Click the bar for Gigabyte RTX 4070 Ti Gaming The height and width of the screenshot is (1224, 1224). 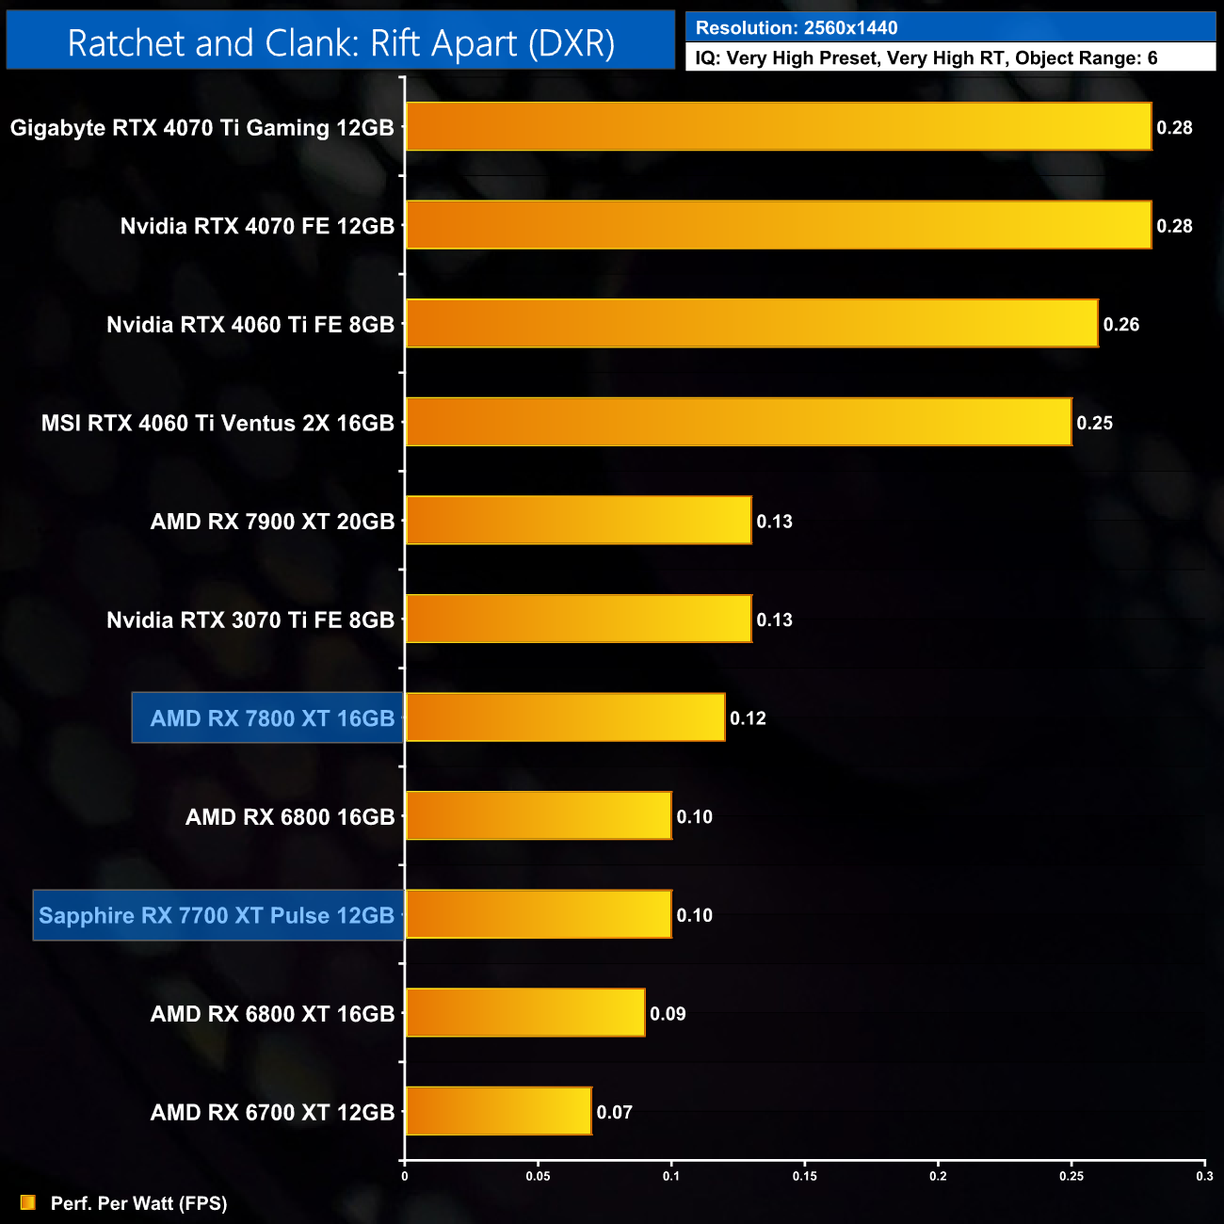click(778, 127)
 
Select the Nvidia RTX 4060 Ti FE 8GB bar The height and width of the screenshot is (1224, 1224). click(751, 324)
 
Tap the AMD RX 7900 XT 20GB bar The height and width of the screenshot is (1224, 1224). click(578, 521)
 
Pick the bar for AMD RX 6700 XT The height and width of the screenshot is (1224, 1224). click(498, 1112)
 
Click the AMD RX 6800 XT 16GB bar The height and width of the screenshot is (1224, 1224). click(524, 1013)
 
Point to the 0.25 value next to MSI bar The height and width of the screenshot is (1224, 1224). click(1094, 423)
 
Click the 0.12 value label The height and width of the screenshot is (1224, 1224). click(748, 718)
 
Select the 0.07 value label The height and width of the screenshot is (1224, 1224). click(614, 1112)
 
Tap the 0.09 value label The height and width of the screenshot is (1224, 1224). click(668, 1014)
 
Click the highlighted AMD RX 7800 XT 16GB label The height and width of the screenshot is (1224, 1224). click(271, 718)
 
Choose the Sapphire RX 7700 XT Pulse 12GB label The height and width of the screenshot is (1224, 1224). click(217, 915)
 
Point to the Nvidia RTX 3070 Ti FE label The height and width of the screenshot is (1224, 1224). click(250, 620)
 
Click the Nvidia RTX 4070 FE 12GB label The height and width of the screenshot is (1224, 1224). click(257, 226)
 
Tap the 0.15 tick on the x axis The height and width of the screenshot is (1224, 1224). click(805, 1176)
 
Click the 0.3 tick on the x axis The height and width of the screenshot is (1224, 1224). click(1204, 1176)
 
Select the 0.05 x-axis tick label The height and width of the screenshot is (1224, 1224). click(538, 1176)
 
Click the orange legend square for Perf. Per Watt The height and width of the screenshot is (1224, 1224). click(28, 1203)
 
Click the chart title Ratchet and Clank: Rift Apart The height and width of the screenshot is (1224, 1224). click(341, 43)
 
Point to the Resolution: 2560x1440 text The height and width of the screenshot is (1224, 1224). click(797, 28)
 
